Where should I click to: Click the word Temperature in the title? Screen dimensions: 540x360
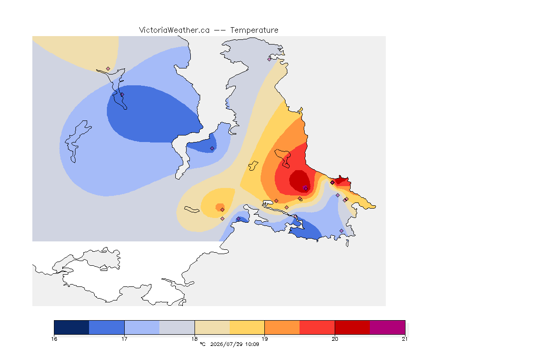[254, 30]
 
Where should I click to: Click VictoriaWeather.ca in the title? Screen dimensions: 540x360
[174, 30]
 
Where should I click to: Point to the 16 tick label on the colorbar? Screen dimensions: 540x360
[54, 339]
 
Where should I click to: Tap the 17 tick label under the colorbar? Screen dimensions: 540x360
[124, 339]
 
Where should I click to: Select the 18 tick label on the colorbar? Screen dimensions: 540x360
[195, 339]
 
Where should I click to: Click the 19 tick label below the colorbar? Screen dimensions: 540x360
[264, 339]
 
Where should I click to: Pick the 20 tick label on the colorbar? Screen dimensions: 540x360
[335, 339]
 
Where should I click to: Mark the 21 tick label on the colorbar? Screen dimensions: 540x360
[405, 339]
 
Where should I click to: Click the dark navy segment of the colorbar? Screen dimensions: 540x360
[72, 327]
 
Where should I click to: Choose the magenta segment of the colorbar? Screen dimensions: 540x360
[388, 327]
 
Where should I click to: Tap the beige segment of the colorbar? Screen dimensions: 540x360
[212, 327]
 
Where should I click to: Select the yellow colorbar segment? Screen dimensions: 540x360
[247, 327]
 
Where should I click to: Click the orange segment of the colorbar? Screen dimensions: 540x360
[282, 327]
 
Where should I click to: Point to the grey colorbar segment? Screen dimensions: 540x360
[177, 327]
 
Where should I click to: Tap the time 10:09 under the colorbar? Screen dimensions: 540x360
[252, 344]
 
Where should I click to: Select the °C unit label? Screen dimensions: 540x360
[202, 344]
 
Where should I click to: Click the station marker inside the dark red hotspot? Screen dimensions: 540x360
[306, 188]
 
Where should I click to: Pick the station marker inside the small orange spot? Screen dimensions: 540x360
[223, 210]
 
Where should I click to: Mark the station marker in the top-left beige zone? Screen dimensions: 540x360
[108, 69]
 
